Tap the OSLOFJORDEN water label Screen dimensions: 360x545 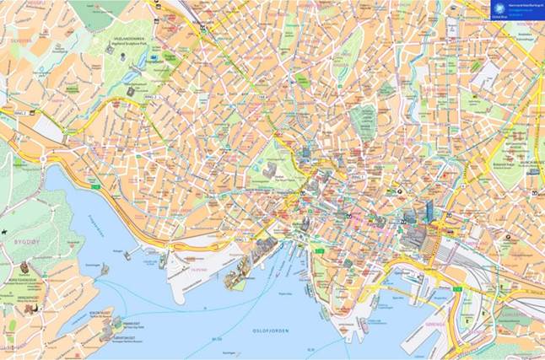click(271, 331)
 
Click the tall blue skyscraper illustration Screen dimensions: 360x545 click(429, 210)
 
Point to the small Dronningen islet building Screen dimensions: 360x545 click(104, 270)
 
